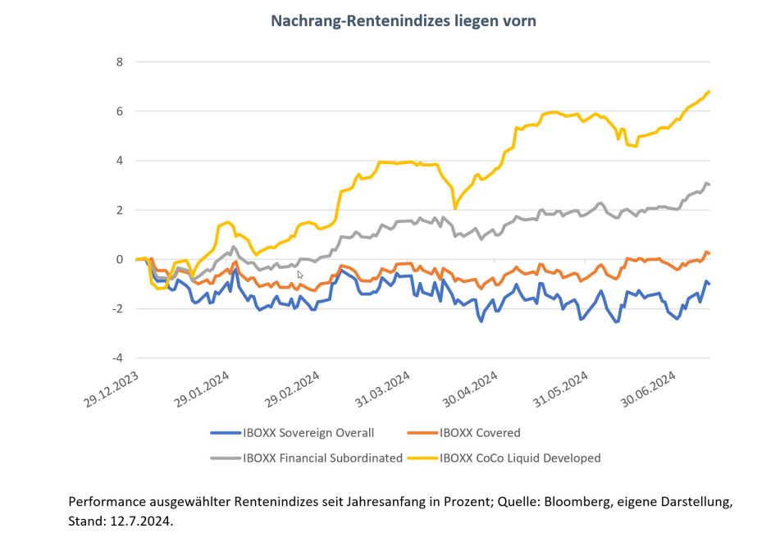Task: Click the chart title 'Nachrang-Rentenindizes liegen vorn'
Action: point(403,20)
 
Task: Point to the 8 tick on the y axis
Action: point(119,61)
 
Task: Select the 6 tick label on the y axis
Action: point(119,111)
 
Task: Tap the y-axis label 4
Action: point(119,161)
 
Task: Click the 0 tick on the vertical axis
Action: point(119,259)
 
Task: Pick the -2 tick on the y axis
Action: point(117,308)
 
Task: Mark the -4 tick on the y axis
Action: point(117,358)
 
